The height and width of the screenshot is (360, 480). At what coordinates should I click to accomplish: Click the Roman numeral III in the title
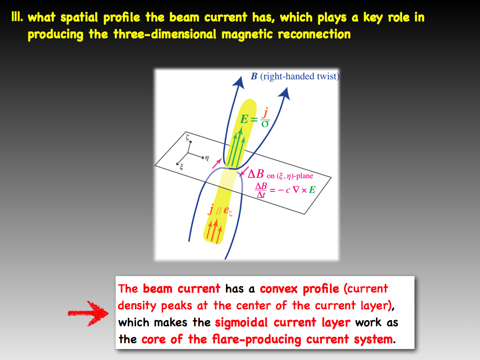17,17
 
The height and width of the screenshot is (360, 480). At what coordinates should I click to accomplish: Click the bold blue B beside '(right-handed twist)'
254,76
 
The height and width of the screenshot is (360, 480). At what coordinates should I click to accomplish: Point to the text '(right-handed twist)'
300,76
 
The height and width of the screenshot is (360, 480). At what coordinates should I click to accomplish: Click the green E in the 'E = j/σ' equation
244,119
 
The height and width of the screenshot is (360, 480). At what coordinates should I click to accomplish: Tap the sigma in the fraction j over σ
265,124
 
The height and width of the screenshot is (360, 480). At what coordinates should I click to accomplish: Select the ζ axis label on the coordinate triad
187,137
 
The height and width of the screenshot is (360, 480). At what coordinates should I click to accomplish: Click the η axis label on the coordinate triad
207,158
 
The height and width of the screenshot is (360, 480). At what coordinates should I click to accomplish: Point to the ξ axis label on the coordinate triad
181,167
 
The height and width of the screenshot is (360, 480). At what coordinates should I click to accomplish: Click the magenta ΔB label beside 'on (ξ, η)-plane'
255,173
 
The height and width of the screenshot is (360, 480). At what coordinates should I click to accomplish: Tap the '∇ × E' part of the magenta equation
304,190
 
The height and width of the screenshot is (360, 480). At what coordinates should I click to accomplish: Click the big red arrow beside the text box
88,313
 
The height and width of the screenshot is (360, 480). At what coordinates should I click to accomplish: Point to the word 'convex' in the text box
278,288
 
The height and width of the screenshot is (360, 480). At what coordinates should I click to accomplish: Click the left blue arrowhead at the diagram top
239,82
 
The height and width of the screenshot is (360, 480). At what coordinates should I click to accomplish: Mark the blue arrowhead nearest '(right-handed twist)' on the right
285,93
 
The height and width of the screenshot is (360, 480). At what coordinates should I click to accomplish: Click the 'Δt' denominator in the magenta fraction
261,195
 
